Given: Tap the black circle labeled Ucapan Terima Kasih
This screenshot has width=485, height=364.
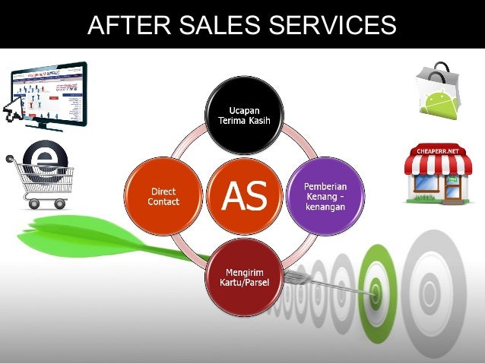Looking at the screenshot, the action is click(246, 116).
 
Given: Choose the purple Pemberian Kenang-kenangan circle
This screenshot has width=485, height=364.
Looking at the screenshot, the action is click(326, 196).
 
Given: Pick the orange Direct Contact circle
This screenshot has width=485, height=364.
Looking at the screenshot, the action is click(165, 196).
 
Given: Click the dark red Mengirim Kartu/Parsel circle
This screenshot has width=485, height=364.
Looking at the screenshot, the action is click(246, 277).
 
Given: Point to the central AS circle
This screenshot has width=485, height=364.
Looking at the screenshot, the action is click(245, 197).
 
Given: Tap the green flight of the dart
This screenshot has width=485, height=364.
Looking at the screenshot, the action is click(84, 236).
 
